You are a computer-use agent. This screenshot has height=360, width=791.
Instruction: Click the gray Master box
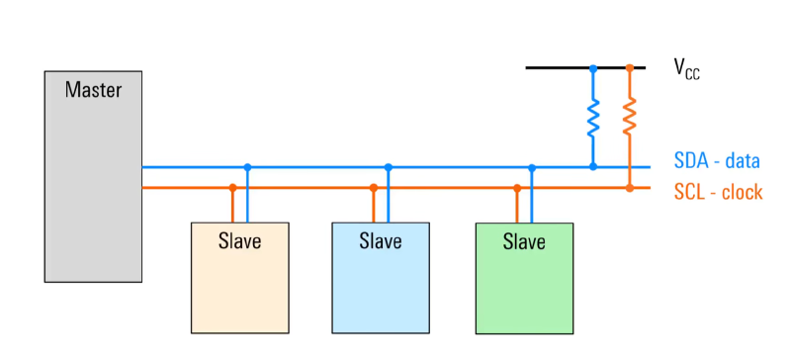[93, 176]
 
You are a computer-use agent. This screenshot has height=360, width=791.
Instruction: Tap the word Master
[93, 90]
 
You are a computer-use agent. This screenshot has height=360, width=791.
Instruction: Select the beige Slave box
[240, 278]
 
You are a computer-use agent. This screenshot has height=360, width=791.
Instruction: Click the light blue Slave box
[381, 278]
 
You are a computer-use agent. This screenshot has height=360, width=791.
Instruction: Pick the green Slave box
[524, 278]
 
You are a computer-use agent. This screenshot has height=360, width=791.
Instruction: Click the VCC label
[686, 68]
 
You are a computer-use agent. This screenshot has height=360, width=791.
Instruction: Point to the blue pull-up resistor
[593, 118]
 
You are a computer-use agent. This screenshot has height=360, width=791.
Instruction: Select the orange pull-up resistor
[629, 116]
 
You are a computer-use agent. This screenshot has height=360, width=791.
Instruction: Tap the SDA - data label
[717, 161]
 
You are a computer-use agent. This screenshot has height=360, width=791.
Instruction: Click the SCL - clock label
[719, 193]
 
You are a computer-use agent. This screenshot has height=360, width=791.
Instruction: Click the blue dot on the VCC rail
[593, 67]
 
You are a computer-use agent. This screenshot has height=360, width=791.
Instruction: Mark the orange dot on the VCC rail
[630, 67]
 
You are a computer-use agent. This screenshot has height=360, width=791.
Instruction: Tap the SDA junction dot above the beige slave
[247, 167]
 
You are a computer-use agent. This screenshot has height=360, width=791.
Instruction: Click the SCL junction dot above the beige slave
[232, 188]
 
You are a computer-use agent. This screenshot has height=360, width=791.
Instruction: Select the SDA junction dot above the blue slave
[388, 167]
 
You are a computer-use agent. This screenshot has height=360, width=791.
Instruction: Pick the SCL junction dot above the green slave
[517, 188]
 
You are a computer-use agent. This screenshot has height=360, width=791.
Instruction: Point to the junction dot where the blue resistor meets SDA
[593, 166]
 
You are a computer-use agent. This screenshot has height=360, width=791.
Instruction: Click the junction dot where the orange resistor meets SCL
[630, 188]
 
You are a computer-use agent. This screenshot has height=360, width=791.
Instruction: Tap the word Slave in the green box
[524, 242]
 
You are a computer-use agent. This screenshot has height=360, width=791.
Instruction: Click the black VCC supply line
[585, 67]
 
